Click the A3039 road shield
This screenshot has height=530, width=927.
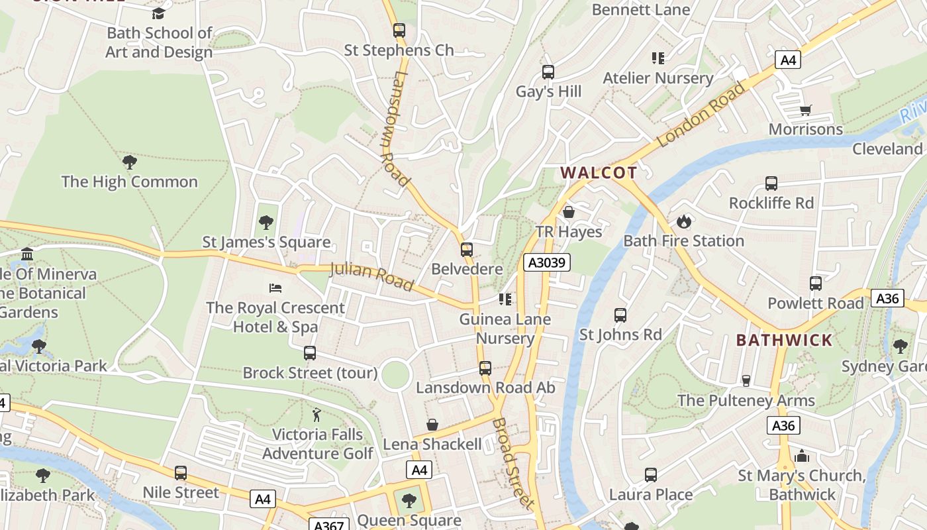pos(547,262)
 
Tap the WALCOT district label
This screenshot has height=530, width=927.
pos(599,173)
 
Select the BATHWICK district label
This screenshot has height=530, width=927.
pos(784,341)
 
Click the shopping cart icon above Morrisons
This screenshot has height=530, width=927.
pos(805,110)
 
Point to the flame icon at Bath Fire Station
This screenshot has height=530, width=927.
pos(683,221)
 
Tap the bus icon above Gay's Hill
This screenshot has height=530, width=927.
pos(548,72)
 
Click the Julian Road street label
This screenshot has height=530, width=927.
pos(372,276)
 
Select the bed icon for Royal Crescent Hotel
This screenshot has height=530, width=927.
pos(275,288)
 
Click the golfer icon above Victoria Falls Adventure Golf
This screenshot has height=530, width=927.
pos(317,415)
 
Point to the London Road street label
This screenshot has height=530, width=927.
pos(701,115)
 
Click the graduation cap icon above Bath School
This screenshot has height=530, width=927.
pos(158,13)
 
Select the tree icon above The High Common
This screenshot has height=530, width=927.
pos(130,162)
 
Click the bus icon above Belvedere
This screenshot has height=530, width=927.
pos(467,250)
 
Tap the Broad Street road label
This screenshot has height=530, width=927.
pos(512,463)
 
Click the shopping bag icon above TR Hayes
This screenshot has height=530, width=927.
pos(568,212)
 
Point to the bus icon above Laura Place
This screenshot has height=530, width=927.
pos(650,475)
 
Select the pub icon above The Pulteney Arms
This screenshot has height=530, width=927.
pos(746,380)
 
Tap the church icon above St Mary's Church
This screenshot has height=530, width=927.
pos(802,456)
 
